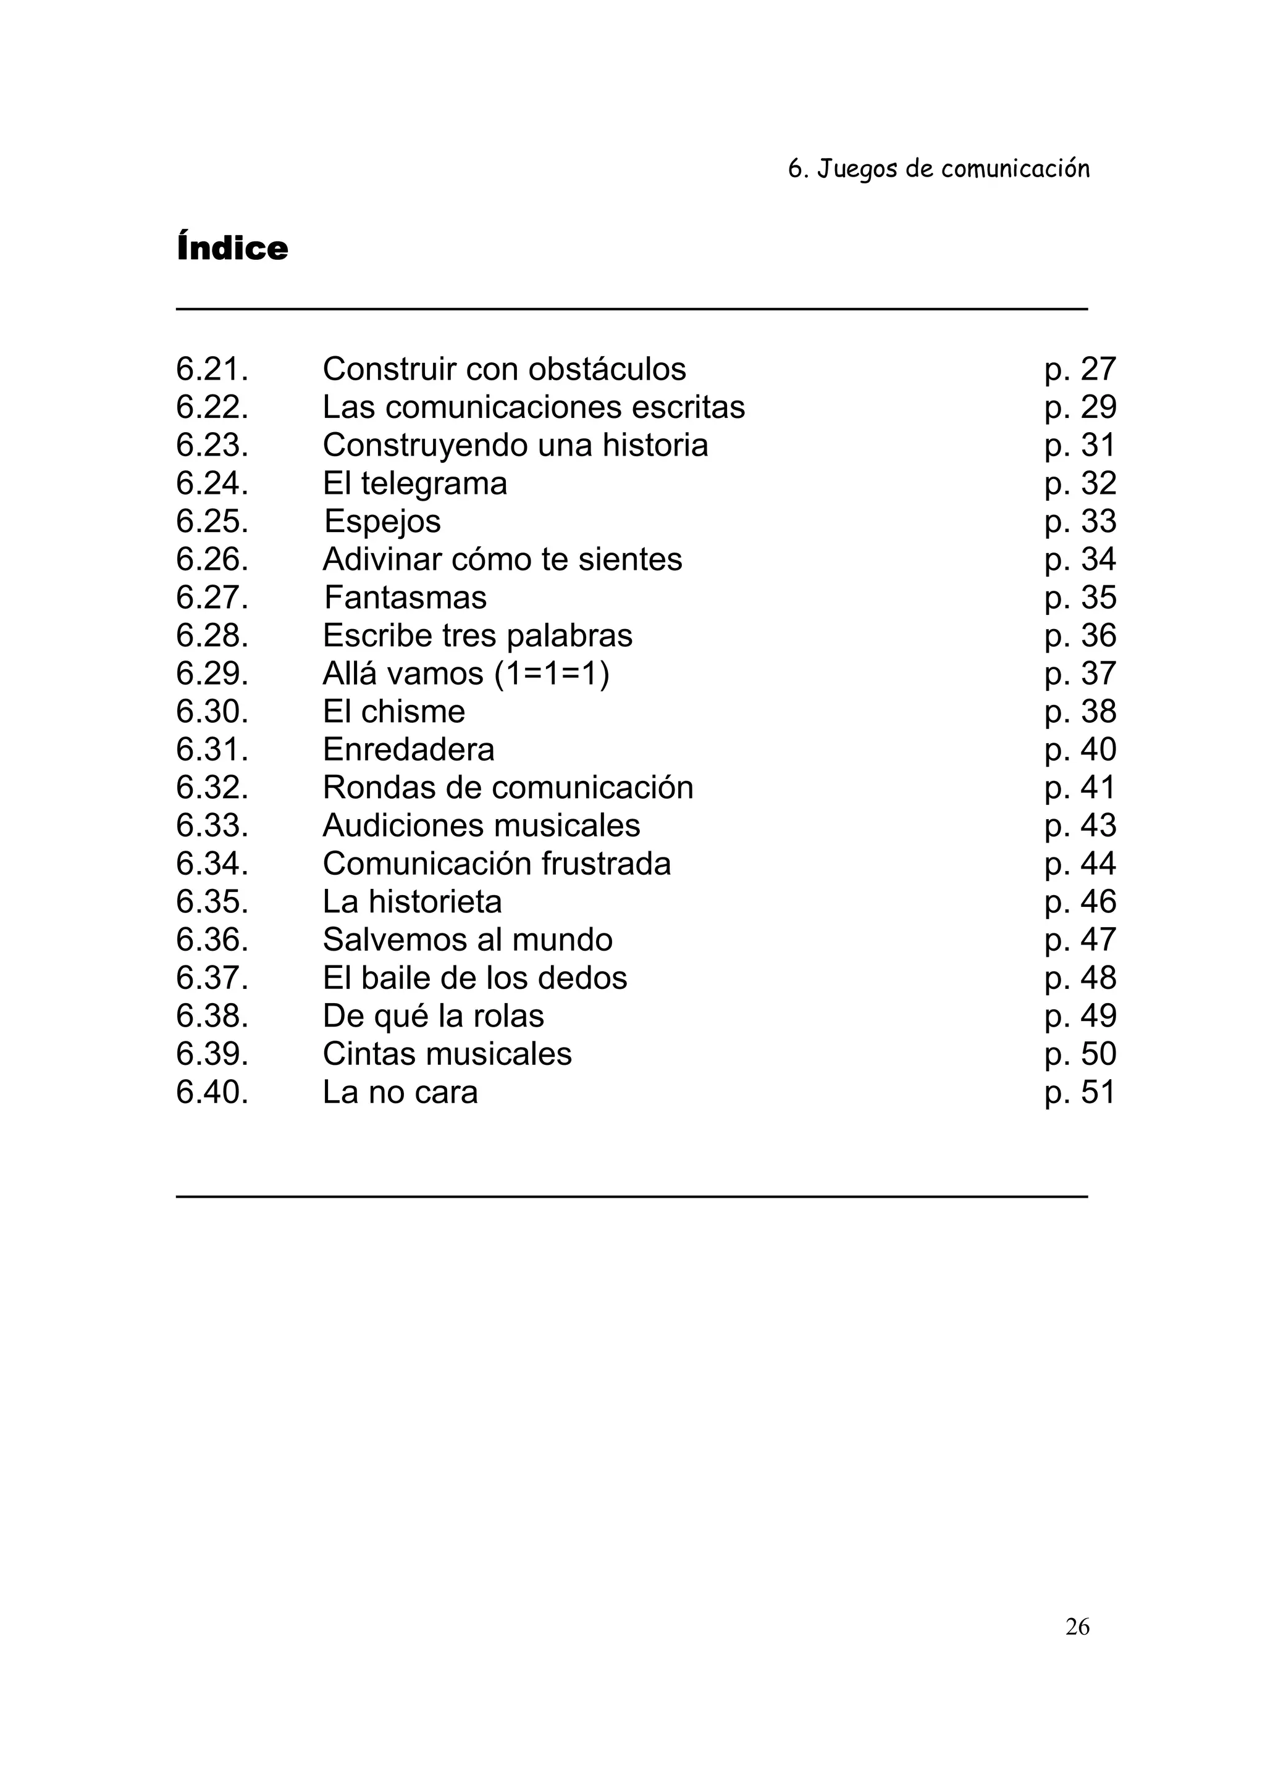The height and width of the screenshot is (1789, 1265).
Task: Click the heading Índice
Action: click(232, 248)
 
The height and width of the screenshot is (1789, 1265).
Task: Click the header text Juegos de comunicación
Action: click(952, 169)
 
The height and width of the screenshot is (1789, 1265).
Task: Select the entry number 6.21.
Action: click(212, 369)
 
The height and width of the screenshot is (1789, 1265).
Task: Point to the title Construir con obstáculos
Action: click(504, 369)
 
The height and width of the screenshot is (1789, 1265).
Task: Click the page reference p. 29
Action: click(1080, 407)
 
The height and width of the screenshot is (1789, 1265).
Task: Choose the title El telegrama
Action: click(414, 484)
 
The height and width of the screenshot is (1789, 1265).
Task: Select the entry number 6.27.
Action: click(212, 598)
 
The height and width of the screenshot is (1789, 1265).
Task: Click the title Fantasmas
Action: click(405, 598)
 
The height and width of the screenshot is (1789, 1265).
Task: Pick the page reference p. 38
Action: click(1080, 711)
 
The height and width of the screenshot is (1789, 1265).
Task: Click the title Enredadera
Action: click(408, 749)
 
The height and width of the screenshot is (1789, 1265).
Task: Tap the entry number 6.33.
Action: click(212, 826)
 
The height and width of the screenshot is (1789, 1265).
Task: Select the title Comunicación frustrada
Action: click(497, 864)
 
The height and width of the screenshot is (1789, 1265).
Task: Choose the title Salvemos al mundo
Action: click(468, 940)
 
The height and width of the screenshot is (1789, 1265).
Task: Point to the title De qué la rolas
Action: click(434, 1016)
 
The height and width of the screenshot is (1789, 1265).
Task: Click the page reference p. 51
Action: click(1080, 1093)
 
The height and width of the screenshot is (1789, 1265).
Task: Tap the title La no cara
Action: click(400, 1093)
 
